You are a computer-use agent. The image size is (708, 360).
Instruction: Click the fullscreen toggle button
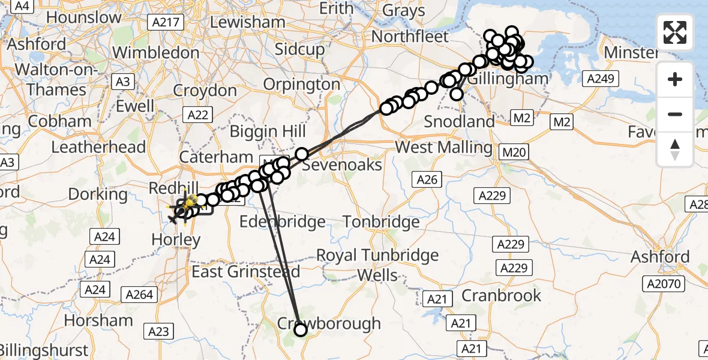pyautogui.click(x=675, y=32)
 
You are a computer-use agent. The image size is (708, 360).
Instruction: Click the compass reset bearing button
pyautogui.click(x=675, y=149)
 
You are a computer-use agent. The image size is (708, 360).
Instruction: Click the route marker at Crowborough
pyautogui.click(x=300, y=329)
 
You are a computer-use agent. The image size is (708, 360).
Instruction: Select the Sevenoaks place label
pyautogui.click(x=341, y=164)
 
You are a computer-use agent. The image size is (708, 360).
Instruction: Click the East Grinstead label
pyautogui.click(x=245, y=272)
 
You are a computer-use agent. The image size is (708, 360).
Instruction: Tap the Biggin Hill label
pyautogui.click(x=269, y=131)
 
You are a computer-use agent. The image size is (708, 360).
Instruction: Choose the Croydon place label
pyautogui.click(x=205, y=91)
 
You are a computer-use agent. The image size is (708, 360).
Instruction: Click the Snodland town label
pyautogui.click(x=459, y=121)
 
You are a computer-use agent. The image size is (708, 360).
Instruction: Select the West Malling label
pyautogui.click(x=443, y=147)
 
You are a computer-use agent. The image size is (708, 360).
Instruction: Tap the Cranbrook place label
pyautogui.click(x=501, y=295)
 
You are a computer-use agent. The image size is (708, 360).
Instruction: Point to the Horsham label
pyautogui.click(x=98, y=320)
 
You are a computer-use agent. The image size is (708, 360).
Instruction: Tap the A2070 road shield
pyautogui.click(x=665, y=284)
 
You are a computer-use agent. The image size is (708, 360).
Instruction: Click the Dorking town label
pyautogui.click(x=98, y=194)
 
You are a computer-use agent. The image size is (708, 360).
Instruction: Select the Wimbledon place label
pyautogui.click(x=155, y=53)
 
